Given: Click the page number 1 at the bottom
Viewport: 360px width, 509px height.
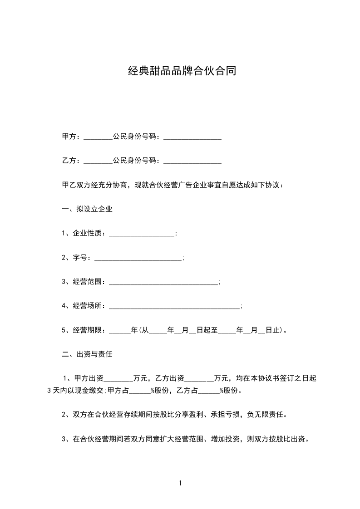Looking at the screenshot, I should (x=180, y=484).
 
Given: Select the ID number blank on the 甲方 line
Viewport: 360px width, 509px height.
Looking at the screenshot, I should (x=192, y=137).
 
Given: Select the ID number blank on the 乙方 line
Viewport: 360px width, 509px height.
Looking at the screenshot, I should (x=192, y=162).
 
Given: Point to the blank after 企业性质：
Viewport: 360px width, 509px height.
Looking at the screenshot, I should (x=142, y=234).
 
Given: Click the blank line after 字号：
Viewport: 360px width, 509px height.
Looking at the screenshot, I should (x=137, y=258).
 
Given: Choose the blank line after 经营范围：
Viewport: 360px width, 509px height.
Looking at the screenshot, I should (x=163, y=283).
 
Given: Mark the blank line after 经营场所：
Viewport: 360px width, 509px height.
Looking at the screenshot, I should (x=174, y=307).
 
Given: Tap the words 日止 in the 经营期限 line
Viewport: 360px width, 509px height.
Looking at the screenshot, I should (x=273, y=330).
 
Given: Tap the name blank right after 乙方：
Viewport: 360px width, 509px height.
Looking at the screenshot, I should (x=98, y=162).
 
